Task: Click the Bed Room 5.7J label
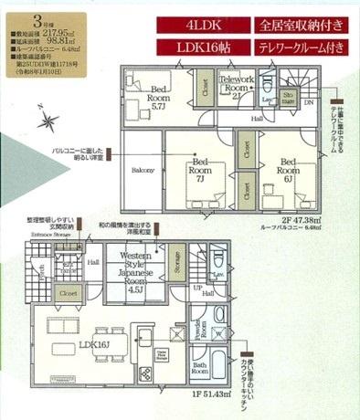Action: click(161, 95)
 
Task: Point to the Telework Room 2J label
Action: click(235, 88)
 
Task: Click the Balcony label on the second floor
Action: click(141, 171)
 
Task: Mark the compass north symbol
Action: click(47, 119)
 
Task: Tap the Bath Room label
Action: click(200, 371)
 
